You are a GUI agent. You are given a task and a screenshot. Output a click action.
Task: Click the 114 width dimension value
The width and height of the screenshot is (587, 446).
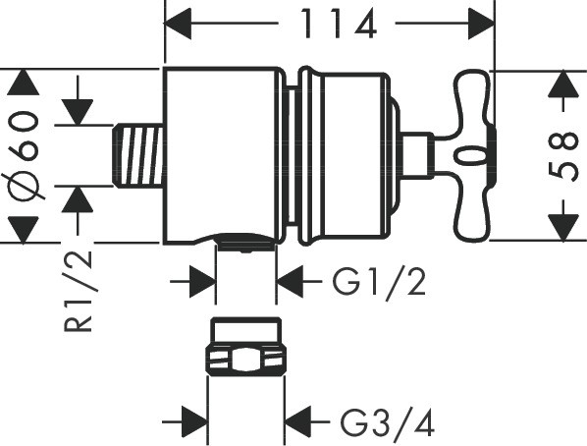click(x=339, y=24)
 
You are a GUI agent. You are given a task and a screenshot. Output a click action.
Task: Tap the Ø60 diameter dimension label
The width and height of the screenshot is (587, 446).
click(x=24, y=155)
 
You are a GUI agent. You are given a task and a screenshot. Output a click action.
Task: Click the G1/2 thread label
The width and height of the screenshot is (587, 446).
click(x=379, y=282)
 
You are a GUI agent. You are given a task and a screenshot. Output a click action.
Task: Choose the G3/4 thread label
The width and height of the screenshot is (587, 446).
click(x=387, y=422)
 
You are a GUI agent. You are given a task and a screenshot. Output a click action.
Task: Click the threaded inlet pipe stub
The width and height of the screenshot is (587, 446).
click(x=138, y=155)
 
